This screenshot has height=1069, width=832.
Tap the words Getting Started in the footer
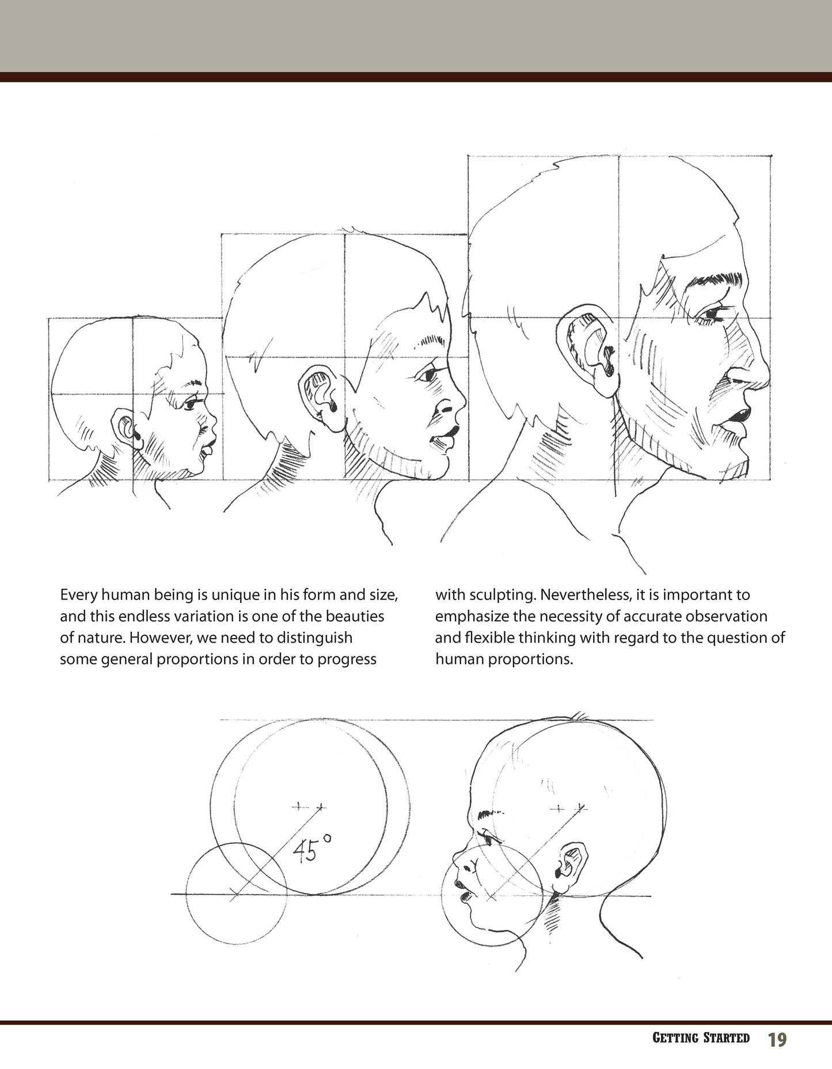pos(701,1038)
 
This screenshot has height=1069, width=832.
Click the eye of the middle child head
pos(427,375)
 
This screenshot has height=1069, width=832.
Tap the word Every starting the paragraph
pos(78,594)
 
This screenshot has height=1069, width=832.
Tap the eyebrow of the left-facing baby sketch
pos(491,814)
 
